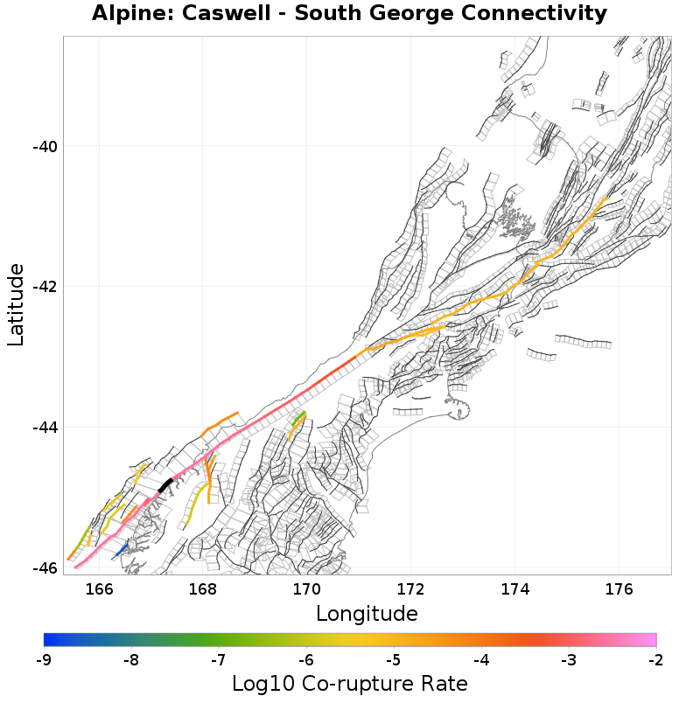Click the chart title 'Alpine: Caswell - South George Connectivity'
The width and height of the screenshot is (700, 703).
tap(349, 14)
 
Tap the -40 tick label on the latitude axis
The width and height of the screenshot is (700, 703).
tap(45, 146)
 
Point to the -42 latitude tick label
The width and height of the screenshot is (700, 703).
tap(45, 287)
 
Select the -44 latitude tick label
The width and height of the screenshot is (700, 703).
tap(45, 428)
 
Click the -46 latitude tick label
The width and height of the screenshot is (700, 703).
tap(45, 568)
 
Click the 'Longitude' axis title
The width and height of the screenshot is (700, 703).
tap(367, 613)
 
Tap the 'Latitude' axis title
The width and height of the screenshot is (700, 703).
tap(17, 305)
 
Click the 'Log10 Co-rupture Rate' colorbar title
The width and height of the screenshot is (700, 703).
tap(349, 684)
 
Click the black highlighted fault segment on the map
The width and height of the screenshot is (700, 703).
tap(164, 485)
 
